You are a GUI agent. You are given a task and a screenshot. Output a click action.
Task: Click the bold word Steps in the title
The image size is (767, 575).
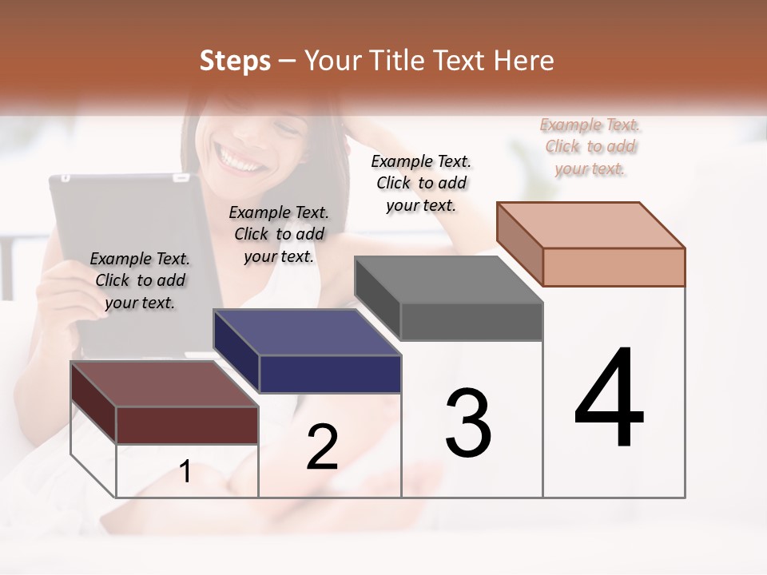pos(235,61)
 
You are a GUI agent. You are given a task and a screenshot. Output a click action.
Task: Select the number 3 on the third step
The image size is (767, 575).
pos(468,423)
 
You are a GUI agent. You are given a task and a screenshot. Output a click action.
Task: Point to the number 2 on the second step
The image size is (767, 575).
pos(322,448)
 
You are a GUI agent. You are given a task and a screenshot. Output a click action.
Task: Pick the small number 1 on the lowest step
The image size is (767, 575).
pos(185,471)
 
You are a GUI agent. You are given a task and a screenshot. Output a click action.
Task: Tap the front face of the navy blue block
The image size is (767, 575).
pos(329,374)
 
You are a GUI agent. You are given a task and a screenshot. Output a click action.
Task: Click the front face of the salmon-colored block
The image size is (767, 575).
pos(614,267)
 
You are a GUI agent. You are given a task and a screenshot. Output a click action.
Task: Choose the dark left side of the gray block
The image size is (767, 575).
pos(377,298)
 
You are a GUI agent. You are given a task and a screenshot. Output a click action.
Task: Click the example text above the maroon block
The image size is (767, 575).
pos(140,280)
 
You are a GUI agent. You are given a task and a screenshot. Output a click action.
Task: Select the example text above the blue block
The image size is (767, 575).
pos(279,234)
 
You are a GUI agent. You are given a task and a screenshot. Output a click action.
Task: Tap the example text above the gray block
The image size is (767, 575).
pos(421,183)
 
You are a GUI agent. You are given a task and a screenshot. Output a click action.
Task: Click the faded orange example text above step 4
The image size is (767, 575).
pos(590,146)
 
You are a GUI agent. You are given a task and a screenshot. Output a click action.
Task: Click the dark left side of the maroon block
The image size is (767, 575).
pos(93,403)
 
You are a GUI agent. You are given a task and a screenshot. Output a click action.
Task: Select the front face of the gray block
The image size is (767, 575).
pos(471,322)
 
